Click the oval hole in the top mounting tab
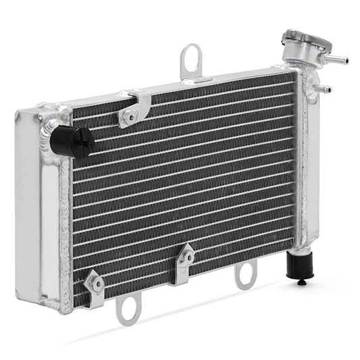pyautogui.click(x=191, y=57)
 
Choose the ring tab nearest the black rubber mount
pyautogui.click(x=245, y=274)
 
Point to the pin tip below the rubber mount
pyautogui.click(x=302, y=282)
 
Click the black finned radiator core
pyautogui.click(x=182, y=182)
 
